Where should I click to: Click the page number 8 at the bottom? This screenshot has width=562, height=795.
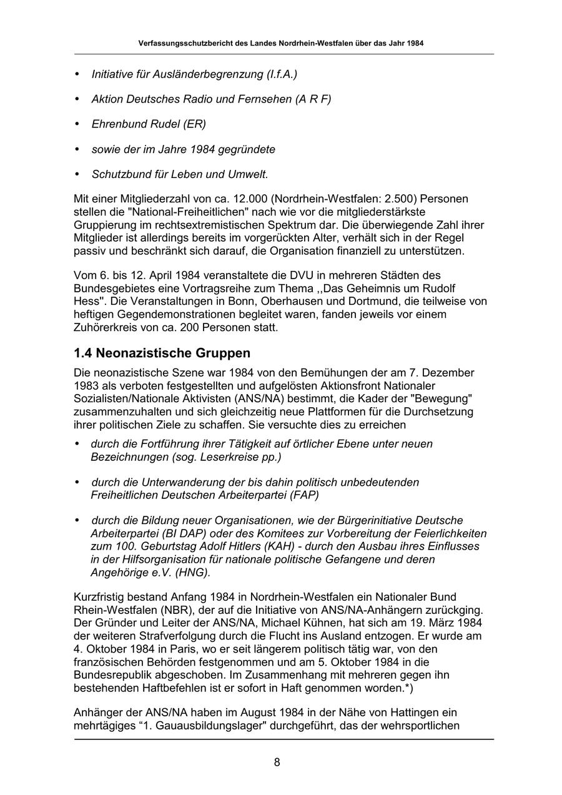pos(277,762)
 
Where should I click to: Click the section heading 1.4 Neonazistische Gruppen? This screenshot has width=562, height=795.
pos(162,353)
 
